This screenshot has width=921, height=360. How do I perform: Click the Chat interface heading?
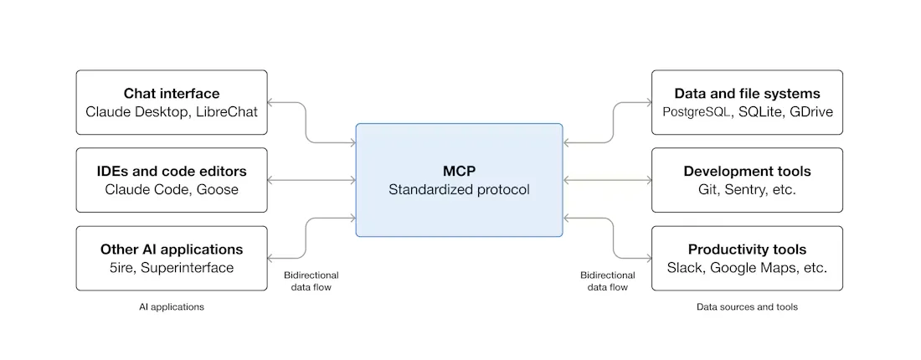click(x=172, y=93)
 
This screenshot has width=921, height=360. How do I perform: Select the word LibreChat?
click(x=227, y=111)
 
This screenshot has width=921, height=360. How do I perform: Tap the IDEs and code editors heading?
click(x=172, y=172)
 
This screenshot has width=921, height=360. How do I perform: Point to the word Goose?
click(x=218, y=190)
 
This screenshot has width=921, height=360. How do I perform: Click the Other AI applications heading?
click(x=172, y=249)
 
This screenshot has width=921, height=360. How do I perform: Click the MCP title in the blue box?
click(x=459, y=171)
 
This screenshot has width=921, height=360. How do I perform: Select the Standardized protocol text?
click(x=459, y=190)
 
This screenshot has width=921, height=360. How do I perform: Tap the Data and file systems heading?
click(x=747, y=93)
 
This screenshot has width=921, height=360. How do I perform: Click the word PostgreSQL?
click(x=699, y=111)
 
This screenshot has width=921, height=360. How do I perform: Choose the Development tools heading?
click(x=747, y=172)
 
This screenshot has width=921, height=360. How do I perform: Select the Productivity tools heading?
click(x=747, y=249)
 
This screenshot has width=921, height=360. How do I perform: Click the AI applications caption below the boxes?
click(x=172, y=307)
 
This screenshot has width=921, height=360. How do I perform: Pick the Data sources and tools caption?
click(x=747, y=307)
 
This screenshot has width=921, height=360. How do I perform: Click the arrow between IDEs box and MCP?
click(x=311, y=180)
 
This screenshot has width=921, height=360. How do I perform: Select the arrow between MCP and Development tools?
click(x=607, y=180)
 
